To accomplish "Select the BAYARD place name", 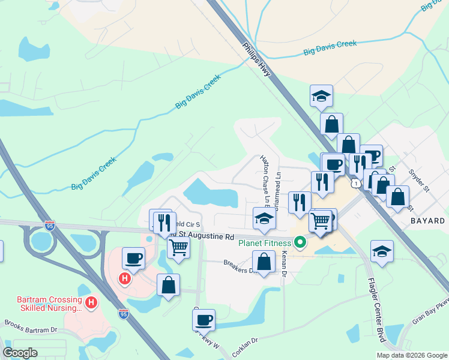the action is point(428,221).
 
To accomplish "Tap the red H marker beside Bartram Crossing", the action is point(91,303).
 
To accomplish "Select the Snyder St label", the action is point(420,180).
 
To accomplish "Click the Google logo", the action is point(20,353).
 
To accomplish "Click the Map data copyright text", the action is point(411,355).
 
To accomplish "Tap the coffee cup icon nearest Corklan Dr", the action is point(203,319).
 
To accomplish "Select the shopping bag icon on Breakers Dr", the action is point(264,261).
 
